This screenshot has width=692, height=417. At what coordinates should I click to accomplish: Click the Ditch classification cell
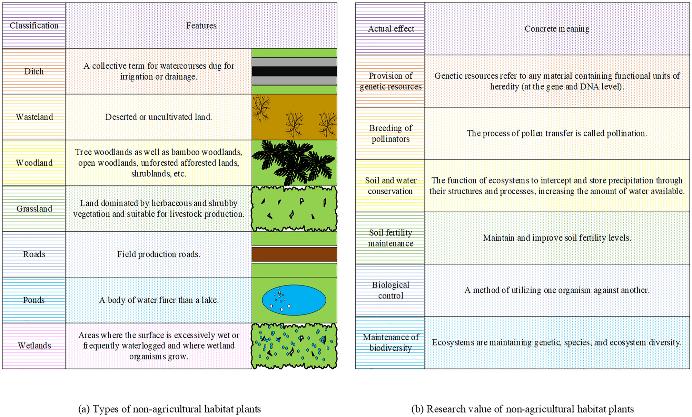pyautogui.click(x=34, y=71)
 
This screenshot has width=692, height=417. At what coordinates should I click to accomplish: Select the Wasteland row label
pyautogui.click(x=34, y=117)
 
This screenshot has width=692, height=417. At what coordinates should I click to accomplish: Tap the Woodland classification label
pyautogui.click(x=34, y=163)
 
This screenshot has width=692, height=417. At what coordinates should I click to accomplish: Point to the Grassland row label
pyautogui.click(x=34, y=208)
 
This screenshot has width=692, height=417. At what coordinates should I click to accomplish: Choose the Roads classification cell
pyautogui.click(x=34, y=254)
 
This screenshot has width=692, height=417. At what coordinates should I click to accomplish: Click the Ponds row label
pyautogui.click(x=34, y=300)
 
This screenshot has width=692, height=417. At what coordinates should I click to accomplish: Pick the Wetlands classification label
pyautogui.click(x=34, y=346)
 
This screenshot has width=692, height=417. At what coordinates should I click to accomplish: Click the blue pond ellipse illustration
pyautogui.click(x=294, y=300)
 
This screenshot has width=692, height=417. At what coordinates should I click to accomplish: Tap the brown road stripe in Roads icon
pyautogui.click(x=294, y=254)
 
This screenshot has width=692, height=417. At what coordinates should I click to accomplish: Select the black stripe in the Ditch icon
pyautogui.click(x=294, y=71)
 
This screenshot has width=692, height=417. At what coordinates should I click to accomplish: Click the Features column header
pyautogui.click(x=201, y=26)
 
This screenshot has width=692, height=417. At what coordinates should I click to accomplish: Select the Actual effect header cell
pyautogui.click(x=391, y=29)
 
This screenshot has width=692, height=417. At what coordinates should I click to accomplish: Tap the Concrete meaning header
pyautogui.click(x=557, y=29)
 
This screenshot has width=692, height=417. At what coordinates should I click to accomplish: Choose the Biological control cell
pyautogui.click(x=391, y=290)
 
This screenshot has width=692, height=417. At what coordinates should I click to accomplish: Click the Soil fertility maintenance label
pyautogui.click(x=391, y=238)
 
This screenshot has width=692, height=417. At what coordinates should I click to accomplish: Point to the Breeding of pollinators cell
pyautogui.click(x=391, y=133)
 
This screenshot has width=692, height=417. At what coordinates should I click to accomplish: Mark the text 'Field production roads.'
pyautogui.click(x=159, y=254)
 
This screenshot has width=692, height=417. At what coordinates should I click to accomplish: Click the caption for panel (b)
pyautogui.click(x=522, y=409)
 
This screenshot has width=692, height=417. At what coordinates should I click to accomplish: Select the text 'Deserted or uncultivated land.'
pyautogui.click(x=159, y=117)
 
